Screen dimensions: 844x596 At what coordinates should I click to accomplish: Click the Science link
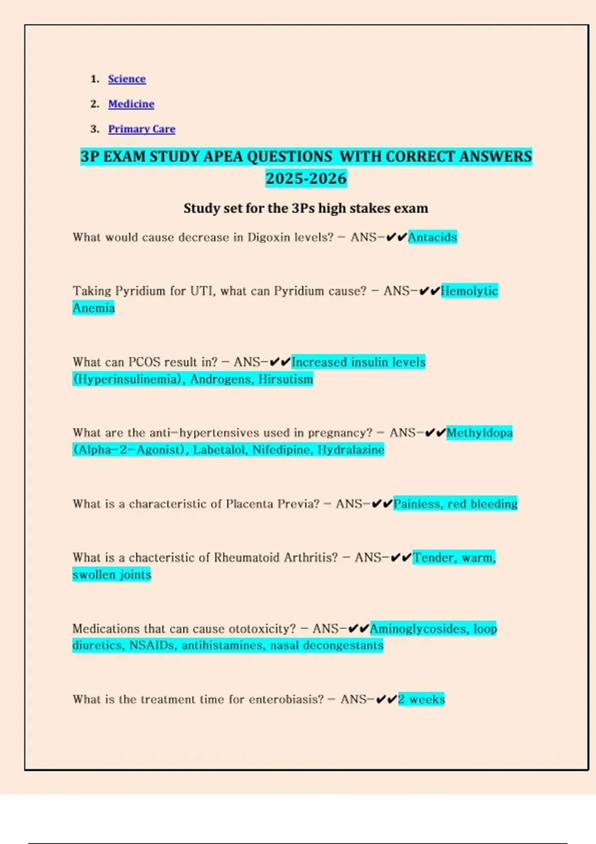point(127,79)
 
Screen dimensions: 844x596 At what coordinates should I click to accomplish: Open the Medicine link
point(131,104)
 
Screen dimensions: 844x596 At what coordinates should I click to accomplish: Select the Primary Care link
point(142,129)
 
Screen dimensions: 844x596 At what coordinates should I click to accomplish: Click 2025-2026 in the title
point(306,178)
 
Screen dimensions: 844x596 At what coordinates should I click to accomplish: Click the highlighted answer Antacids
point(432,237)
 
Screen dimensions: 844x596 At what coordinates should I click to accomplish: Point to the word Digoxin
point(269,237)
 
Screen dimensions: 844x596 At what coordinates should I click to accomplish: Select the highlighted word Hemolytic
point(469,291)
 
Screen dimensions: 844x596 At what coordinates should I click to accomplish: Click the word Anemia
point(93,308)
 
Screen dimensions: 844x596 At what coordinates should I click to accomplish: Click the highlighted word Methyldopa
point(479,433)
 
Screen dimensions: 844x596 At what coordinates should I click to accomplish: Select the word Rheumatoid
point(246,558)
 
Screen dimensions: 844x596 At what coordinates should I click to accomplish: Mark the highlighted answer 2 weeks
point(421,700)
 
